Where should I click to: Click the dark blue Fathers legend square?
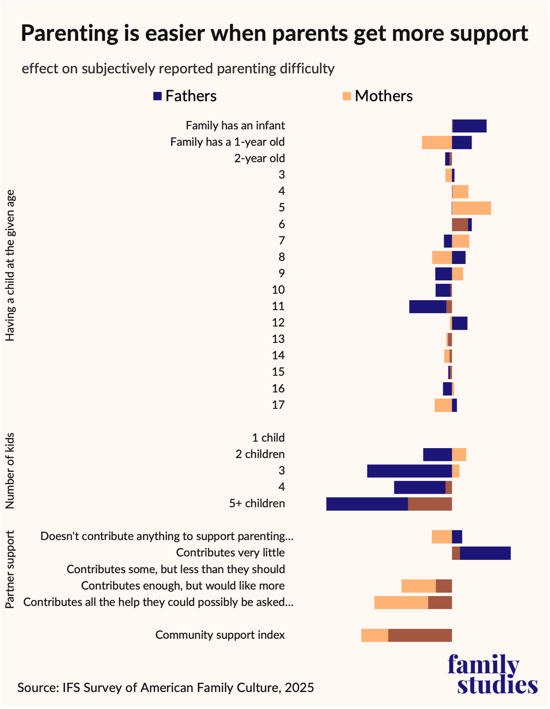click(x=157, y=96)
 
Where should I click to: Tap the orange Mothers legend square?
click(x=347, y=96)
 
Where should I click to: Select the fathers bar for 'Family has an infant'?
click(x=470, y=126)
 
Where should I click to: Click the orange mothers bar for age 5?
click(x=471, y=208)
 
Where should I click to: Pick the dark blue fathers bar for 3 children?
click(x=410, y=471)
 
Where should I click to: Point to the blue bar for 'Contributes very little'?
click(x=485, y=553)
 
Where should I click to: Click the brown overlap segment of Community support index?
click(x=420, y=635)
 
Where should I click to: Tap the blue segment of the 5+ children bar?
click(x=367, y=504)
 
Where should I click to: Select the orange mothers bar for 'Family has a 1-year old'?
click(x=437, y=143)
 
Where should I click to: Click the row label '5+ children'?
click(x=257, y=504)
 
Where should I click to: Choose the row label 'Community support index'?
click(x=220, y=635)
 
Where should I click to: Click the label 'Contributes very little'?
click(x=230, y=553)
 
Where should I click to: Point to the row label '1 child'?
click(x=268, y=438)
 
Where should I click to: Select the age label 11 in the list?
click(x=278, y=306)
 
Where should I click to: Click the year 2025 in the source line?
click(x=299, y=688)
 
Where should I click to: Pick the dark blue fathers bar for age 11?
click(x=428, y=307)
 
